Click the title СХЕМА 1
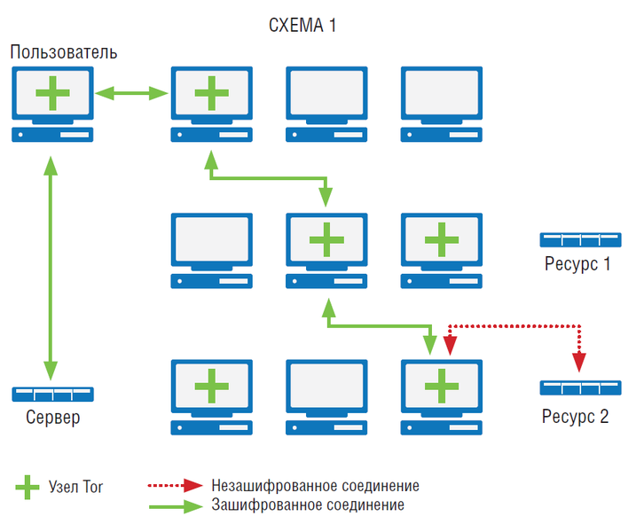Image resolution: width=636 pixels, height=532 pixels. pyautogui.click(x=302, y=26)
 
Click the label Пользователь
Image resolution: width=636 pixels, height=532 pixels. pyautogui.click(x=64, y=52)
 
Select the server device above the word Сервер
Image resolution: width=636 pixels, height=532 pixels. pyautogui.click(x=53, y=395)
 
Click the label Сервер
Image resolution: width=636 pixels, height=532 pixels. pyautogui.click(x=52, y=418)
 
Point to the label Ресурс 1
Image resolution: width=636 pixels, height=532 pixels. pyautogui.click(x=577, y=263)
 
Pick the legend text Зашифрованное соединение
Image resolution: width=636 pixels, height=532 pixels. pyautogui.click(x=308, y=505)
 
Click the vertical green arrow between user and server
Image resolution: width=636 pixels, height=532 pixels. pyautogui.click(x=51, y=267)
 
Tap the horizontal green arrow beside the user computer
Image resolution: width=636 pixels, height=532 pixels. pyautogui.click(x=131, y=91)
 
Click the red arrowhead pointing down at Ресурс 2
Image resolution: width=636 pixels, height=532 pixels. pyautogui.click(x=579, y=362)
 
